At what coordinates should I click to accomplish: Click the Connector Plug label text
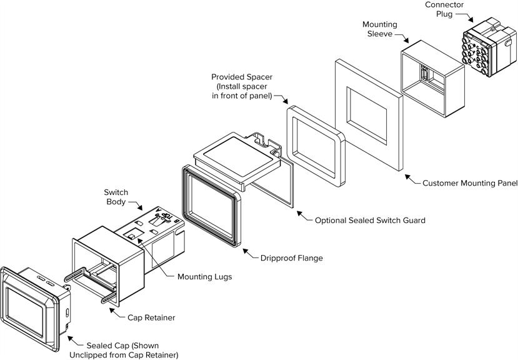click(445, 9)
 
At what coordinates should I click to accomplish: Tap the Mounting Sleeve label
click(380, 29)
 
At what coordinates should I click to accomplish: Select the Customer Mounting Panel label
click(470, 183)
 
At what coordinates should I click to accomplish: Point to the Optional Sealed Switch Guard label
click(370, 220)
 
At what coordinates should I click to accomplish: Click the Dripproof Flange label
click(292, 257)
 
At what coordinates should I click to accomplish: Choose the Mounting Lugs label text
click(204, 276)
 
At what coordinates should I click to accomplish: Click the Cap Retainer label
click(151, 317)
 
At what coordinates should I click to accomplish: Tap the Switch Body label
click(116, 197)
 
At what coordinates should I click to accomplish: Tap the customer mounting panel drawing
click(369, 119)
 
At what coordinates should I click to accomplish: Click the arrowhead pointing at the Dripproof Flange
click(247, 254)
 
